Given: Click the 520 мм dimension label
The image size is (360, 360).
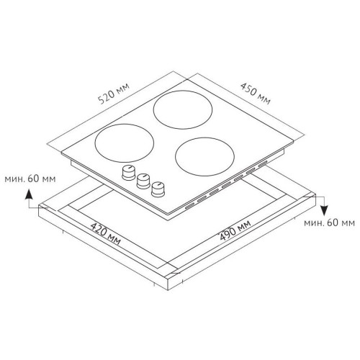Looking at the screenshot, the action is pyautogui.click(x=114, y=94).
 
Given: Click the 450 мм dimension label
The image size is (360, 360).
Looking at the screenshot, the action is pyautogui.click(x=256, y=94).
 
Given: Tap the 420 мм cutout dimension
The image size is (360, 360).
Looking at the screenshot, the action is pyautogui.click(x=105, y=234).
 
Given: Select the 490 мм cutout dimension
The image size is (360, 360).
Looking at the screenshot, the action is pyautogui.click(x=235, y=230).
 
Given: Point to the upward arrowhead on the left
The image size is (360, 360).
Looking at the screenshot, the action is pyautogui.click(x=29, y=194).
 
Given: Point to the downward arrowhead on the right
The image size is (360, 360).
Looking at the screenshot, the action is pyautogui.click(x=324, y=211).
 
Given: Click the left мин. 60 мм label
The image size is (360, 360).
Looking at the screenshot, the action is pyautogui.click(x=30, y=179).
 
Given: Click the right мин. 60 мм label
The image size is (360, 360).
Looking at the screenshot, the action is pyautogui.click(x=329, y=223).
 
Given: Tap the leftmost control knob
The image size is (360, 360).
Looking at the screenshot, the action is pyautogui.click(x=129, y=172).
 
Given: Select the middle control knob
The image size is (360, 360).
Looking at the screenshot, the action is pyautogui.click(x=143, y=181).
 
